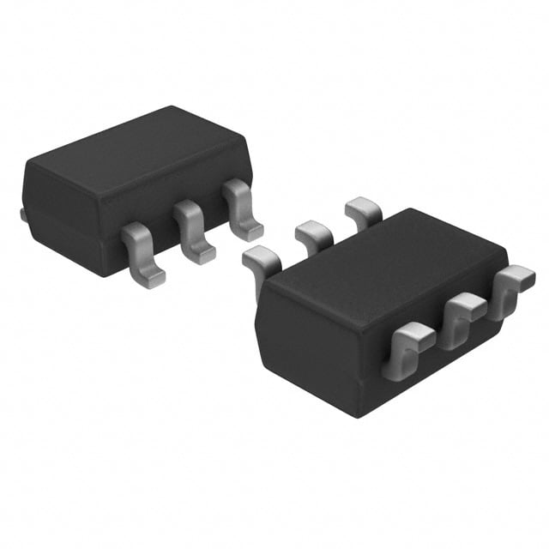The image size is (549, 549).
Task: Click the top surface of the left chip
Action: click(137, 159)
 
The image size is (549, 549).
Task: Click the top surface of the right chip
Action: click(386, 257)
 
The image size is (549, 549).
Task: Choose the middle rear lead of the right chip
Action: click(313, 233)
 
